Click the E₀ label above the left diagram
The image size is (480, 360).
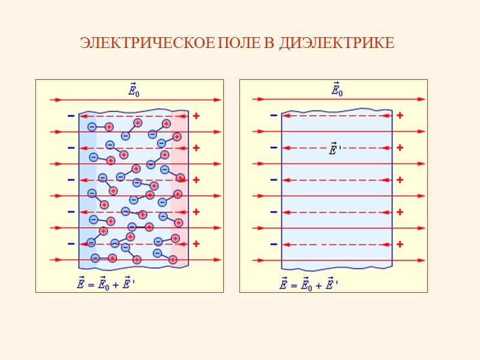click(135, 89)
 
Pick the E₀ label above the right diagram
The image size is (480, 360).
click(338, 89)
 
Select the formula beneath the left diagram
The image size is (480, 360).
click(107, 283)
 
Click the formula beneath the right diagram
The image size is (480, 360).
click(310, 283)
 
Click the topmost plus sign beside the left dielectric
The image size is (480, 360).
click(196, 116)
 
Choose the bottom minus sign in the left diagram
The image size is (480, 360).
click(71, 244)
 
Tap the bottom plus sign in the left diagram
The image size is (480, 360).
click(196, 244)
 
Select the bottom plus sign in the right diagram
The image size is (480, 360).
click(400, 244)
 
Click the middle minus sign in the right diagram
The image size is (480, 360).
click(274, 180)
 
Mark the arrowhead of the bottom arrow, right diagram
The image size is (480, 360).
click(422, 260)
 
